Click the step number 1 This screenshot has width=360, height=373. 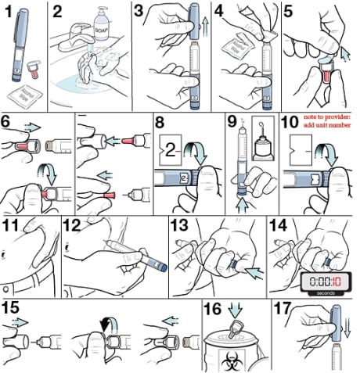(9, 11)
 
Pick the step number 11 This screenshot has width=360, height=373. (13, 228)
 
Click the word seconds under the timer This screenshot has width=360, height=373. (324, 293)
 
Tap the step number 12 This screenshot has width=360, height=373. (72, 228)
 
